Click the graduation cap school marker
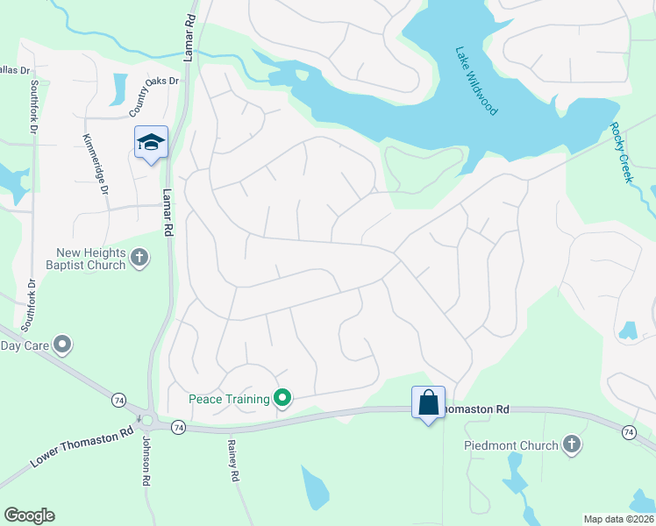point(151,142)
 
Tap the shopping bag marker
point(428,402)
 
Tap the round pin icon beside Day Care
point(61,345)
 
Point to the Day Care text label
point(23,345)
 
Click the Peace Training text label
point(229,400)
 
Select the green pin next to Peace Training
point(282,400)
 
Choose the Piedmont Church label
point(511,445)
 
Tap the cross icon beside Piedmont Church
point(572,444)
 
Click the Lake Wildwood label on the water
point(476,81)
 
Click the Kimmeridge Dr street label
point(95,164)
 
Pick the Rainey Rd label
point(234,461)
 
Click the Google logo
point(29,515)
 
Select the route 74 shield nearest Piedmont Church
point(629,432)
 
